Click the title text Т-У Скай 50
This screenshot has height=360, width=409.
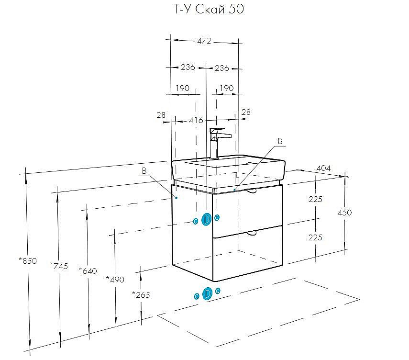coord(204,9)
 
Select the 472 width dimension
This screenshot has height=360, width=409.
coord(204,41)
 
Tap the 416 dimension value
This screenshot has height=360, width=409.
coord(196,120)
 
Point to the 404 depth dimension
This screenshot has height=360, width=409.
coord(324,169)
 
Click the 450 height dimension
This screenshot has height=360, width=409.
coord(344,213)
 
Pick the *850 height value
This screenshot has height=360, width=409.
coord(28,261)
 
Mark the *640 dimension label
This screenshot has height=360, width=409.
coord(88,270)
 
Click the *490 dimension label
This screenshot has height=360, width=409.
coord(115,279)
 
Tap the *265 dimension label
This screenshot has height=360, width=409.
coord(141,294)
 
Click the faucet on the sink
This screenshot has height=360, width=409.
coord(218,141)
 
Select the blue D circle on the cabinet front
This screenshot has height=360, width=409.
coord(207,219)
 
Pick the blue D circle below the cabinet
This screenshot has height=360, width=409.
coord(207,293)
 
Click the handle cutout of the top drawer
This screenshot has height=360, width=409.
coord(252,191)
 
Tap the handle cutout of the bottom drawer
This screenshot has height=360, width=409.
coord(252,233)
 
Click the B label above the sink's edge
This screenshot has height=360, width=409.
coord(281,141)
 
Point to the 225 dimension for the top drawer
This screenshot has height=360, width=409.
coord(315,199)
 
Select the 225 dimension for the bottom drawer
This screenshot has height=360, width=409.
coord(315,237)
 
